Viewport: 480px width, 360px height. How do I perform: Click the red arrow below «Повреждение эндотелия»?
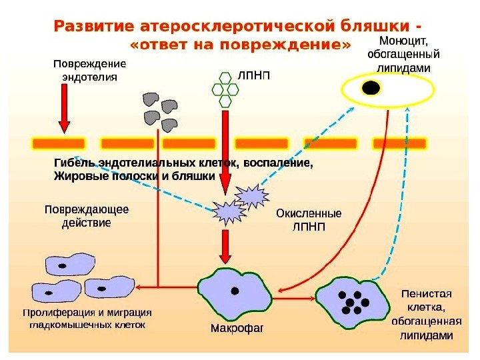tap(64, 107)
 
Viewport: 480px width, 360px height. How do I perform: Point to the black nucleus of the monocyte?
tap(371, 87)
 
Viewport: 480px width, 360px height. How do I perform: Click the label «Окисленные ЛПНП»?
tap(308, 220)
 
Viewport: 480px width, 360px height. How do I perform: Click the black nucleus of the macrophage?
tap(235, 290)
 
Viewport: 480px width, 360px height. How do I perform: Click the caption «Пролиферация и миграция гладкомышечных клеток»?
tap(87, 319)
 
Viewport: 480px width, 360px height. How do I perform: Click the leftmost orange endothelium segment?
tap(59, 143)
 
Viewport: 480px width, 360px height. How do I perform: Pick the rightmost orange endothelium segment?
tap(399, 143)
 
